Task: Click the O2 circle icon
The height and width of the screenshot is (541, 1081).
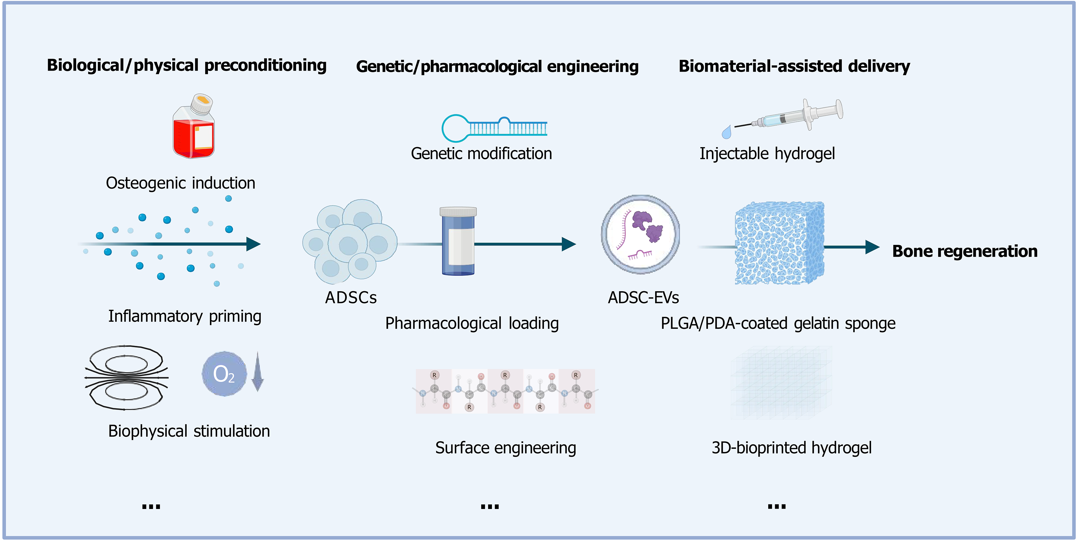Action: pos(224,374)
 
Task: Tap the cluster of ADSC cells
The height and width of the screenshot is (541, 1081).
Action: pos(349,241)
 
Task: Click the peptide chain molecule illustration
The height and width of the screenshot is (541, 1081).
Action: pos(505,391)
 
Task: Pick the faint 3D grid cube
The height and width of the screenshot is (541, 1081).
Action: pos(781,383)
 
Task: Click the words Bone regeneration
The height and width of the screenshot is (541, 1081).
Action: pos(964,251)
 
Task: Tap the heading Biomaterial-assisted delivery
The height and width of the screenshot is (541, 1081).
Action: pos(794,66)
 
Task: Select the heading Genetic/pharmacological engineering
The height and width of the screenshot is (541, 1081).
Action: pos(497,67)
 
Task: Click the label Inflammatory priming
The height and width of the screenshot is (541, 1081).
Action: pos(185,316)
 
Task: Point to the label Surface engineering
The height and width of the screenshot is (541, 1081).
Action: pos(505,448)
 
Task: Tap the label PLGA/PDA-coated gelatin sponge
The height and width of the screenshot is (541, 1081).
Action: pos(778,323)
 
